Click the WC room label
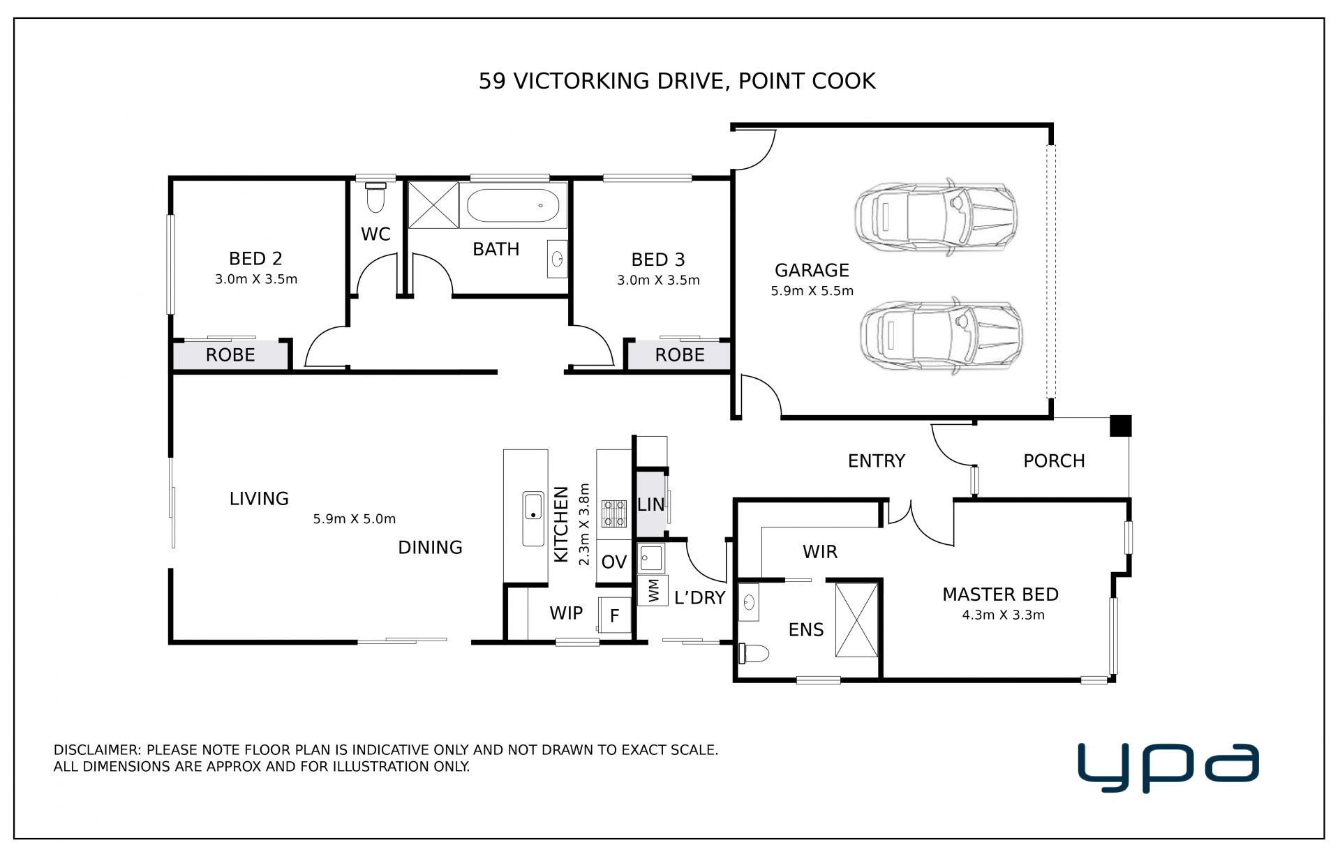coord(375,234)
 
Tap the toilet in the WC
coord(375,197)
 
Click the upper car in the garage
coord(936,217)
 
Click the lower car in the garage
coord(940,336)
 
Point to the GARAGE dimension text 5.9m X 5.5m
coord(812,291)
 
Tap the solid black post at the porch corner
coord(1120,426)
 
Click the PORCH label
coord(1054,461)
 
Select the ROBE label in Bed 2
coord(230,355)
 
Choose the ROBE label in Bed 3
coord(680,355)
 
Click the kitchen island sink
coord(533,519)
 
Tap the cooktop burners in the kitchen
coord(615,513)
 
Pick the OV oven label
coord(614,562)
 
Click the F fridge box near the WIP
coord(615,615)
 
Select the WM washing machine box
coord(653,590)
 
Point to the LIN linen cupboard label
coord(650,504)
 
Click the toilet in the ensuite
coord(754,654)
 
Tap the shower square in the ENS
coord(856,620)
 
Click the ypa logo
coord(1168,767)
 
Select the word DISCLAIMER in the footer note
coord(98,750)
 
